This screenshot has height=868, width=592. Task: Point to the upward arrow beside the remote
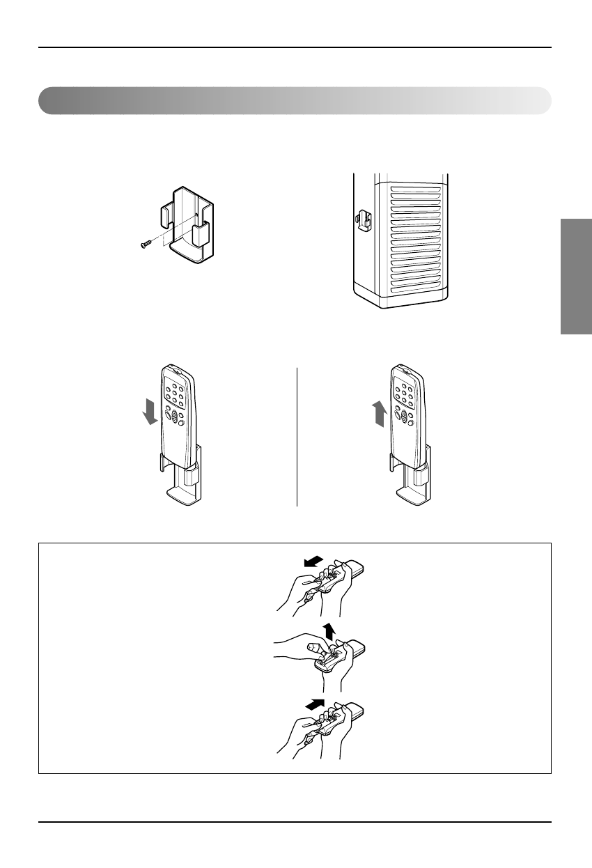(379, 415)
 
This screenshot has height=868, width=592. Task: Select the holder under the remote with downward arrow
(182, 481)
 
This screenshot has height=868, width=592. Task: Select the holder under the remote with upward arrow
(412, 481)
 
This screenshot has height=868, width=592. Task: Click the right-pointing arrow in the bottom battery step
(317, 705)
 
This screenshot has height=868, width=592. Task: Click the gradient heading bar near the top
(295, 101)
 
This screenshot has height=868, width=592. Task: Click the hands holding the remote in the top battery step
(320, 585)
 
